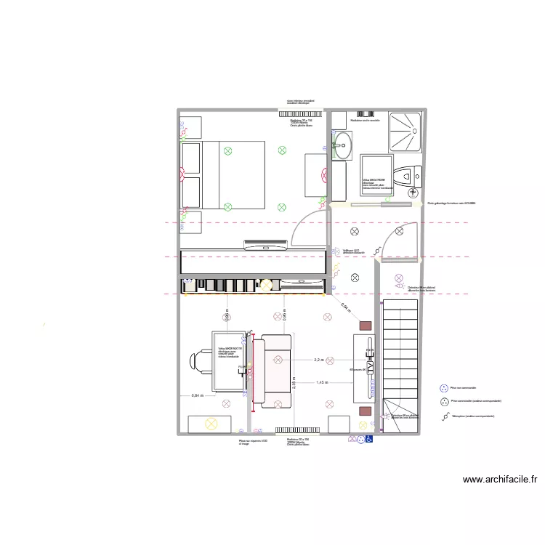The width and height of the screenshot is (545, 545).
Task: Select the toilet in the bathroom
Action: pyautogui.click(x=408, y=174)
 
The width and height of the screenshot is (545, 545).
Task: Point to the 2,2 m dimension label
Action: pyautogui.click(x=318, y=360)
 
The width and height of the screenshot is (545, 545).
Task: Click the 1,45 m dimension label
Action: pyautogui.click(x=321, y=382)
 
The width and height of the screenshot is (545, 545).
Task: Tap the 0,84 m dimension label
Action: pyautogui.click(x=197, y=395)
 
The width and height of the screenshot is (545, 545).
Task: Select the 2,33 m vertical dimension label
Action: pyautogui.click(x=294, y=383)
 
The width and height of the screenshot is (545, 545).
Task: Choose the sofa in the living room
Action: pyautogui.click(x=276, y=370)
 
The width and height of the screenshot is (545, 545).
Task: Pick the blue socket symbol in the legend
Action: pyautogui.click(x=444, y=388)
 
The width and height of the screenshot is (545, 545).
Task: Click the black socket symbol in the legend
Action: pyautogui.click(x=444, y=401)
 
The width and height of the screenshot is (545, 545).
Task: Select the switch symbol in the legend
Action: pyautogui.click(x=444, y=416)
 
